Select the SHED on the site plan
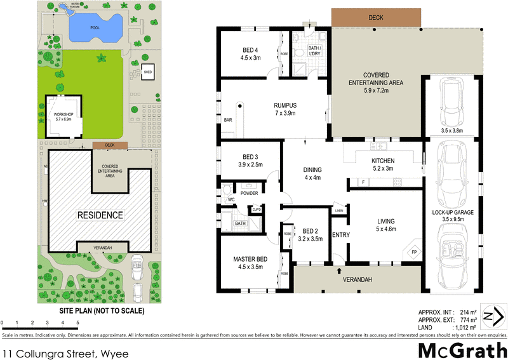147,72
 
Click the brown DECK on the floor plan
375,18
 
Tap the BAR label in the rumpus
228,119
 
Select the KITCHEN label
383,161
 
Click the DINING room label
312,170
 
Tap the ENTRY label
341,235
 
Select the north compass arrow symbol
493,316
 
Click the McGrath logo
462,348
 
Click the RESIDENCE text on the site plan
100,215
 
